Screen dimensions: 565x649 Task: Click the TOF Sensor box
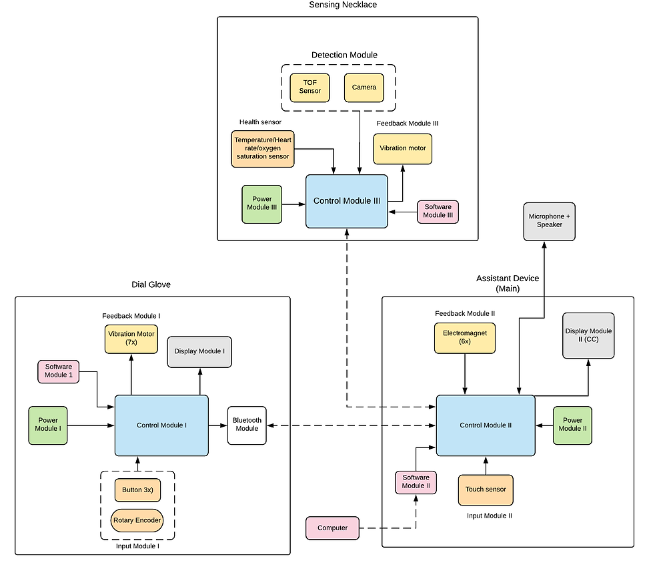point(309,87)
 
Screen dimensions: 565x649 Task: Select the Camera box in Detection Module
point(364,87)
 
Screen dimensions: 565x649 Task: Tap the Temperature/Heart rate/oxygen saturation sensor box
point(262,148)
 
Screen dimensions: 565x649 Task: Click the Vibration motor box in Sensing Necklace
point(402,148)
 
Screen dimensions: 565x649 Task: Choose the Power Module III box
point(262,204)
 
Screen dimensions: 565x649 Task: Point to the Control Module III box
point(346,201)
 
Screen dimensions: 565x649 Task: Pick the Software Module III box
point(438,211)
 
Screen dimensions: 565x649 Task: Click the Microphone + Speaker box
point(549,221)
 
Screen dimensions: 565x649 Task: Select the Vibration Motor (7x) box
point(131,339)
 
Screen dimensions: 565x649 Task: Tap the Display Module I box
point(199,351)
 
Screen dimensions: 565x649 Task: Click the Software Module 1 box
point(58,371)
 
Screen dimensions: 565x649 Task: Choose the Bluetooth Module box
point(247,425)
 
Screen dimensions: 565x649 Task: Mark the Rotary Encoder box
point(137,520)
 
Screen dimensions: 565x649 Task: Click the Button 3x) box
point(137,490)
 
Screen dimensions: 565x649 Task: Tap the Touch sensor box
point(486,490)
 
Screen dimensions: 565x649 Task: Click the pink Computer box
point(332,528)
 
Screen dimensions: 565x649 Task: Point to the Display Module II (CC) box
point(588,335)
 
